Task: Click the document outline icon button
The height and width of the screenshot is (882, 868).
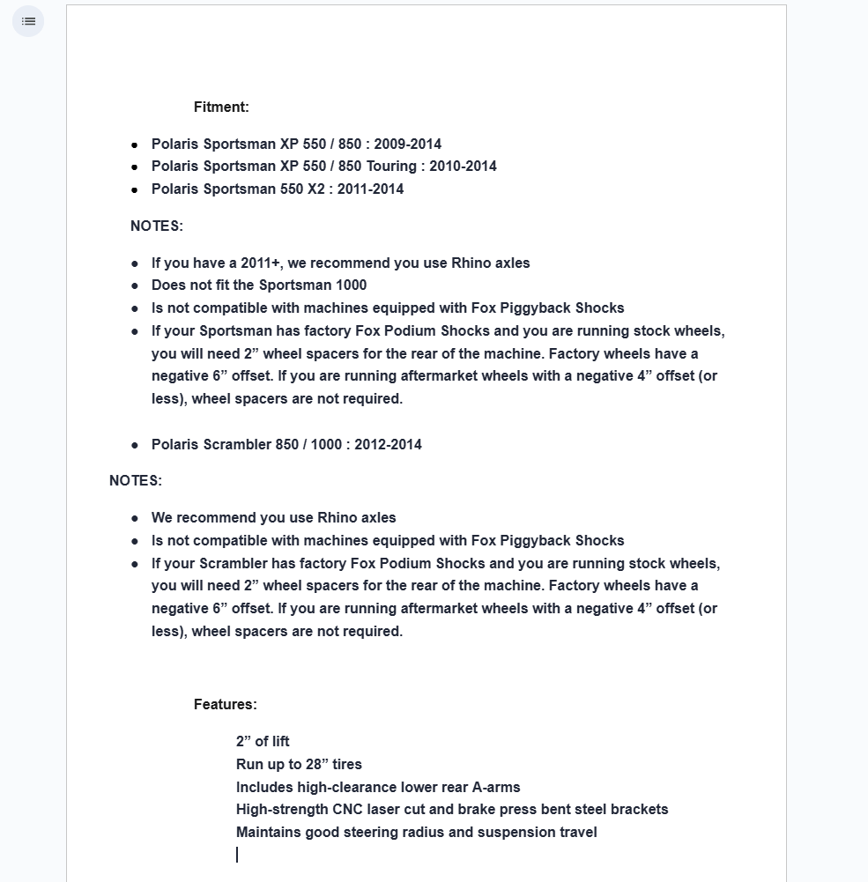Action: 28,21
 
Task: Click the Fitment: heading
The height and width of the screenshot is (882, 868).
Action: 221,107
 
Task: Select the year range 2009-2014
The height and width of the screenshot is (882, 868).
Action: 407,144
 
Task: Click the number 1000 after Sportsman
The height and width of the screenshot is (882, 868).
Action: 351,285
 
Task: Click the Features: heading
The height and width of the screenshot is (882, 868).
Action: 225,705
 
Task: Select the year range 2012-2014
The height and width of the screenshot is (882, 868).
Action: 388,444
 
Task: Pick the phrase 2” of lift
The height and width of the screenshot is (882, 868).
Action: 263,742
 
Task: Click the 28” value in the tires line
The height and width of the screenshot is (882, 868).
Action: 316,765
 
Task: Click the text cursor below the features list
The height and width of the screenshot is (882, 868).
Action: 237,855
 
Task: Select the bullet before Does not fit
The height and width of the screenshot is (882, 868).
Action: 135,285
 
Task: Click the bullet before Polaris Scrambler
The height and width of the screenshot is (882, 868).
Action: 135,445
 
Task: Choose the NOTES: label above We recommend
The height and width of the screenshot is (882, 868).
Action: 136,481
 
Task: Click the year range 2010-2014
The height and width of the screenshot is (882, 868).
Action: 463,167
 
